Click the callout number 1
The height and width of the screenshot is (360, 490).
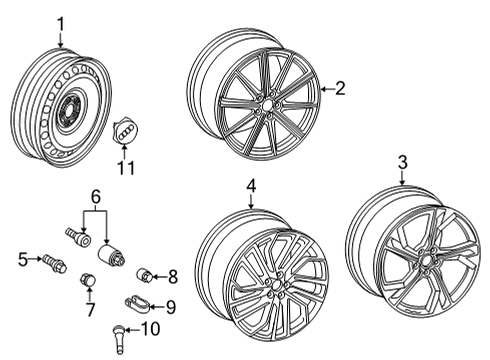point(60,24)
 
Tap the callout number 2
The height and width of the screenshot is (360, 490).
point(340,89)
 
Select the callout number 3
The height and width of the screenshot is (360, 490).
point(403,163)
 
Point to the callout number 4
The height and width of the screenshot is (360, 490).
point(251,186)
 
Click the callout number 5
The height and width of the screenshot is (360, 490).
point(23,260)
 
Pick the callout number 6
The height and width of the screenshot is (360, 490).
point(95,197)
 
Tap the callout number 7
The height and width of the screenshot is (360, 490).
point(90,310)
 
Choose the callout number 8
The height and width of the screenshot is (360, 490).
point(173,277)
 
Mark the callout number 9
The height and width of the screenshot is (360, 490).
point(171,307)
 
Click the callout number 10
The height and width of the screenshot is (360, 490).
point(150,329)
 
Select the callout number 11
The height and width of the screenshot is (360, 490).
point(126,168)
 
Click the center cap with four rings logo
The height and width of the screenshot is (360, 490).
point(126,131)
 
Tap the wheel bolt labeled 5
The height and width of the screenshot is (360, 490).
point(54,263)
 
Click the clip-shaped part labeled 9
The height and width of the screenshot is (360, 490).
point(137,304)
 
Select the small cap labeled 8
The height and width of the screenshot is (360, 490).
point(145,274)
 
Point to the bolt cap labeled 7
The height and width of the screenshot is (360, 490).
point(88,280)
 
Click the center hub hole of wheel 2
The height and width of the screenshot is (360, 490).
point(267,105)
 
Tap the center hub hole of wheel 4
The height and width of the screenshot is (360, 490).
point(277,286)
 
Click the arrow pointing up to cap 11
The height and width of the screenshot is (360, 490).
point(125,153)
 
